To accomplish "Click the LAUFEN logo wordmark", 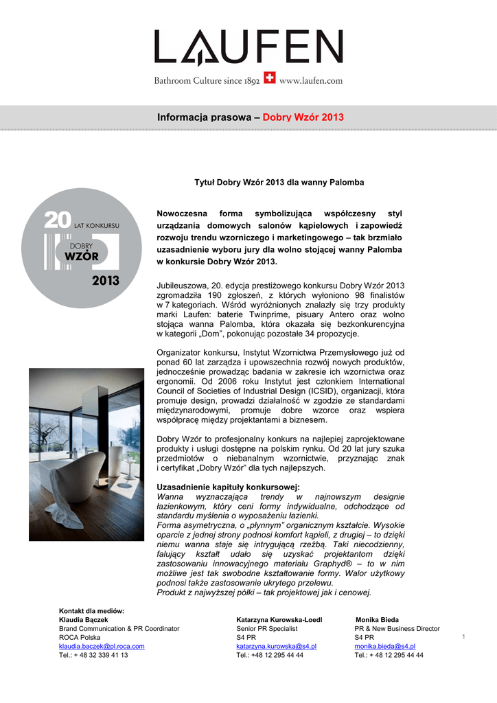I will [x=248, y=48].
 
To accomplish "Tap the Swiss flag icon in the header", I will [x=270, y=80].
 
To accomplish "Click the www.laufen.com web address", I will [x=310, y=81].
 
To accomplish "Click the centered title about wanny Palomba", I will [x=280, y=183].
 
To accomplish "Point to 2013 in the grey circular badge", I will [x=106, y=280].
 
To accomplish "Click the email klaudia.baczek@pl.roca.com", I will [x=102, y=646].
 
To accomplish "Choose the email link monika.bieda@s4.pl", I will [x=384, y=646].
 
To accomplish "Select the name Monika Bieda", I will [x=377, y=619].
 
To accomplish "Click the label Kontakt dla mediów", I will [x=91, y=610].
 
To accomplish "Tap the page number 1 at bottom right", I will [x=464, y=638].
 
